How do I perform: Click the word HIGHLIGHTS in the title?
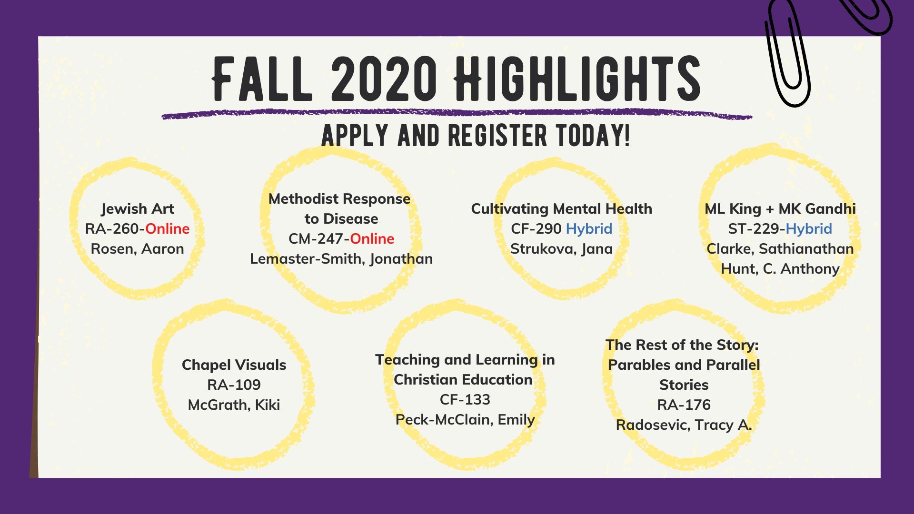click(x=577, y=79)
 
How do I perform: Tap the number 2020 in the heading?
click(x=384, y=79)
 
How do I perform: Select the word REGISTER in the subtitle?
click(x=497, y=136)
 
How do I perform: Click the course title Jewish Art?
click(x=138, y=209)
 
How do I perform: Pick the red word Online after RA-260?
click(x=168, y=229)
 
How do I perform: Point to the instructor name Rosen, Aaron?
click(x=138, y=249)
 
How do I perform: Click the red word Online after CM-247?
click(x=372, y=239)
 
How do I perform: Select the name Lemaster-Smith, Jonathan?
click(x=341, y=259)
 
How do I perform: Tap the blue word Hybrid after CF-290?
click(x=589, y=229)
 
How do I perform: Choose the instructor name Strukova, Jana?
click(x=562, y=249)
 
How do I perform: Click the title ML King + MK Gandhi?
click(x=780, y=209)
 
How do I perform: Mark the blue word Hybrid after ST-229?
click(x=809, y=229)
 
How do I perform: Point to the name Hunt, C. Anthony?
click(x=780, y=269)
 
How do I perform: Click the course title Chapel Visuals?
click(x=234, y=365)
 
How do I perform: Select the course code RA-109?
click(x=234, y=385)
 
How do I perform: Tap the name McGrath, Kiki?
click(x=234, y=405)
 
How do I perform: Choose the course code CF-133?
click(x=465, y=400)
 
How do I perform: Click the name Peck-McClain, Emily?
click(x=465, y=420)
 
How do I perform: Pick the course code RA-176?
click(x=684, y=405)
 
